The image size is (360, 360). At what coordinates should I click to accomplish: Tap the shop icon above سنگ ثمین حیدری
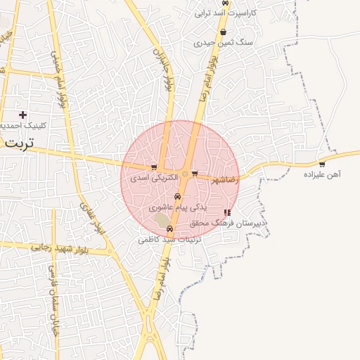click(223, 32)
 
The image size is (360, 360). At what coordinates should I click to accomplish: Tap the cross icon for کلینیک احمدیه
click(22, 115)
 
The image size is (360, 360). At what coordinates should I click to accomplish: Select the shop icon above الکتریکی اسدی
click(154, 167)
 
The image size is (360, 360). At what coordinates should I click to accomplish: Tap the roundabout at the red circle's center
click(184, 174)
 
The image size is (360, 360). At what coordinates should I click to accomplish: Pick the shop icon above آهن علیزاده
click(322, 165)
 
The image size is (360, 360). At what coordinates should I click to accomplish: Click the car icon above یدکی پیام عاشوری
click(177, 197)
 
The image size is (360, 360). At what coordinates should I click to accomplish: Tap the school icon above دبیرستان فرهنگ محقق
click(226, 212)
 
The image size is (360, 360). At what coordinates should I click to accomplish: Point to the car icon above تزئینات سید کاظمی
click(169, 229)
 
